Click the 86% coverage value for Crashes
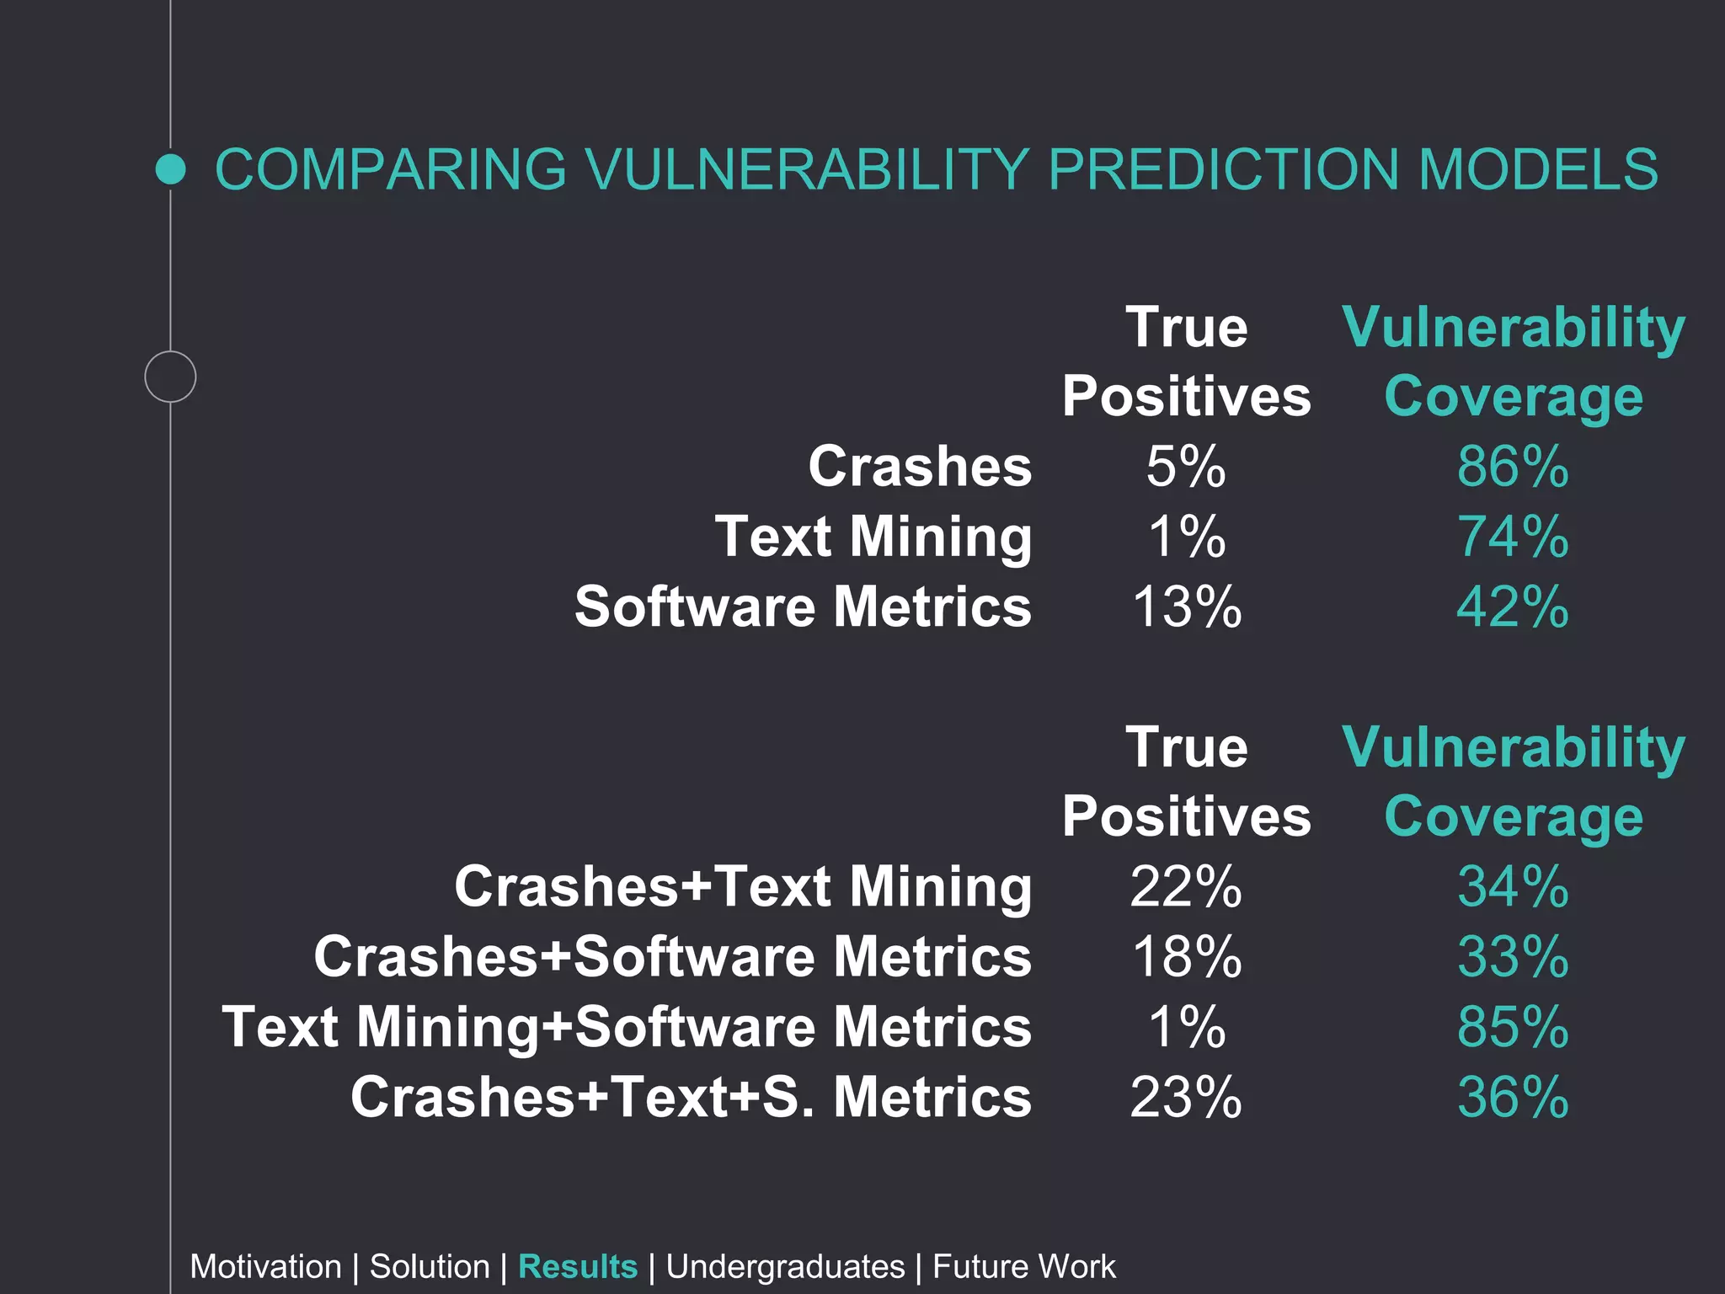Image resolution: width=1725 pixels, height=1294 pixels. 1513,467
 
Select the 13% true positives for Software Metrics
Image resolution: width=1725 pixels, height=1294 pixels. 1186,607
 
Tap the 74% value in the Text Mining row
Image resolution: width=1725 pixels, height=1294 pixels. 1513,537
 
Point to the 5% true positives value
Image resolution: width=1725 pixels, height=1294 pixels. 1186,467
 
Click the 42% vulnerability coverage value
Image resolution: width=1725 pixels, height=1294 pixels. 1513,607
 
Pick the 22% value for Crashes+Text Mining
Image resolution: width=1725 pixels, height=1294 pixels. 1186,887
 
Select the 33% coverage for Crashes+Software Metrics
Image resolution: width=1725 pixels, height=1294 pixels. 1513,957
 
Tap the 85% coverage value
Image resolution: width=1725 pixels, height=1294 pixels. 1513,1027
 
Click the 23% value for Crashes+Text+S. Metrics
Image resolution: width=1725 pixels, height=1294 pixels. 1186,1097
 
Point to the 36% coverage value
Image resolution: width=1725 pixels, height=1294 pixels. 1513,1097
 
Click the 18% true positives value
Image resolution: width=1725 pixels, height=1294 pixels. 1186,957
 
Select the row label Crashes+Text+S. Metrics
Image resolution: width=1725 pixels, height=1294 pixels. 691,1097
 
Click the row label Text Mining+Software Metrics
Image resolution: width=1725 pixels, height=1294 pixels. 626,1027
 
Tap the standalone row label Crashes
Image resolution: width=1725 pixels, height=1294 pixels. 920,467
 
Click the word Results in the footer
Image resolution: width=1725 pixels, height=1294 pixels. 578,1267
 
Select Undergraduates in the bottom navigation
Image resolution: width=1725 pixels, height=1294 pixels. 785,1267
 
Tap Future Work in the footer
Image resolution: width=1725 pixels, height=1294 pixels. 1023,1267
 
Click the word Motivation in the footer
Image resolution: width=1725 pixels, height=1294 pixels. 265,1267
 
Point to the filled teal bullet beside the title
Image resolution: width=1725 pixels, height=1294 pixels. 171,169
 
